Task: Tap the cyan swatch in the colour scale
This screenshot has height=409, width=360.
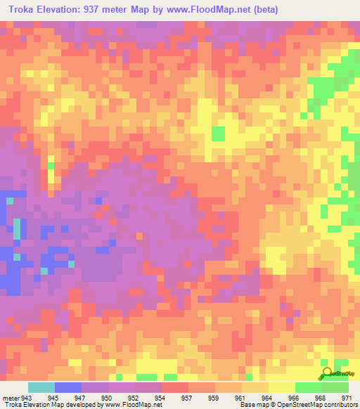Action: (41, 387)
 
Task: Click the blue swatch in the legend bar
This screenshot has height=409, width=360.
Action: (67, 387)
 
